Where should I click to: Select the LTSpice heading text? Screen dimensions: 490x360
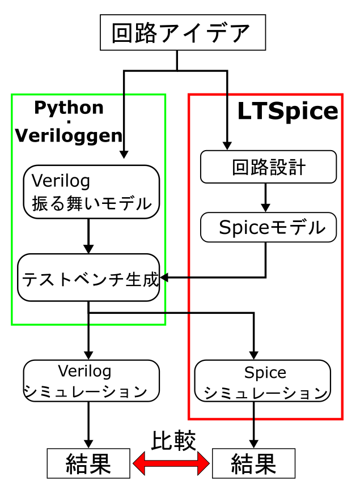pos(287,112)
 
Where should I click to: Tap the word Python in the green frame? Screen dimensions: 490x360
pos(69,107)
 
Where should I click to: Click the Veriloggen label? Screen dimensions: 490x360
pos(69,136)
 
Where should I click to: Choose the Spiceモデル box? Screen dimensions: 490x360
pos(269,228)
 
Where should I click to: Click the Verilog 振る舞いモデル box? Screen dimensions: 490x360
pos(91,191)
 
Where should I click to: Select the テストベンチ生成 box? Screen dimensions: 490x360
pos(89,278)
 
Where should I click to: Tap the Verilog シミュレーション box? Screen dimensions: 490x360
pos(91,381)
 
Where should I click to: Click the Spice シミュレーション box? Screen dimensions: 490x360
pos(262,381)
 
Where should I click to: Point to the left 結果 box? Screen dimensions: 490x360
pos(88,463)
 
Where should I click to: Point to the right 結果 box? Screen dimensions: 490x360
pos(253,463)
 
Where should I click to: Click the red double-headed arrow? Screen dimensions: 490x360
pos(171,465)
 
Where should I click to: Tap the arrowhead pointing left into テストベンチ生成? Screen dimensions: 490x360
pos(165,278)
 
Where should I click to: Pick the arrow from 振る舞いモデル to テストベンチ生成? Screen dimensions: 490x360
pos(88,236)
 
